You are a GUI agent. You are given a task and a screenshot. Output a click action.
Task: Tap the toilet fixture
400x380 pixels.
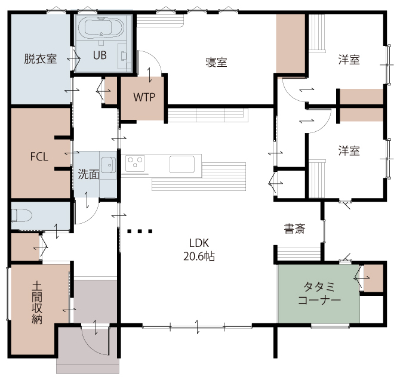click(x=21, y=215)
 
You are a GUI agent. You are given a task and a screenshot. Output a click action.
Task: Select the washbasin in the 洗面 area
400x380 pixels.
click(x=109, y=165)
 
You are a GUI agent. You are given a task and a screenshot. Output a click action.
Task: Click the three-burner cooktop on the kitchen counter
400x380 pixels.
click(x=135, y=163)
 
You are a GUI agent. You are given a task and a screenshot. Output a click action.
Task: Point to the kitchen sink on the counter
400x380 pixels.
click(x=182, y=165)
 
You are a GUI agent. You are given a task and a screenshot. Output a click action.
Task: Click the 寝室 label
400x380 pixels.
click(x=216, y=62)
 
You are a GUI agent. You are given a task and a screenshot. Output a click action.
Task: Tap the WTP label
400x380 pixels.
click(x=144, y=97)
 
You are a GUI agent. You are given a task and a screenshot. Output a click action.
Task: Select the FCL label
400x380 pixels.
click(x=39, y=157)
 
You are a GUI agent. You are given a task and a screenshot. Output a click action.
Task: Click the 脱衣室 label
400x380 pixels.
click(x=41, y=59)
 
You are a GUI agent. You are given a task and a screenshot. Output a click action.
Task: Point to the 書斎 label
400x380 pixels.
click(x=295, y=228)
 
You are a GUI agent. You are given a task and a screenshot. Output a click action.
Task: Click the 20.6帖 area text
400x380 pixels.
click(x=199, y=257)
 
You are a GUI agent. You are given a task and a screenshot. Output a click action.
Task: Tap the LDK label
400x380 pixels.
click(x=199, y=243)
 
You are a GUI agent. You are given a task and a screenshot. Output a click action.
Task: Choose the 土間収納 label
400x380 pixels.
click(x=37, y=302)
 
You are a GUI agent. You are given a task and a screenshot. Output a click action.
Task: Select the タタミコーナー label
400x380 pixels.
click(x=319, y=294)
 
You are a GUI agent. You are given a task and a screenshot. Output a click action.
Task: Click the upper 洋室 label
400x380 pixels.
click(x=349, y=60)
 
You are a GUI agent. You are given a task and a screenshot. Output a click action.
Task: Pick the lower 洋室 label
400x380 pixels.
click(x=349, y=150)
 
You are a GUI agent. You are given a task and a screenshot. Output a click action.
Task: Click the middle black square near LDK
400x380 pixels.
click(x=140, y=231)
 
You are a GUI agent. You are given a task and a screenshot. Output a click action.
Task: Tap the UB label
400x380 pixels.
click(x=100, y=55)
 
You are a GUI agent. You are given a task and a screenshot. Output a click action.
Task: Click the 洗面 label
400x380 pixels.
click(x=88, y=174)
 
